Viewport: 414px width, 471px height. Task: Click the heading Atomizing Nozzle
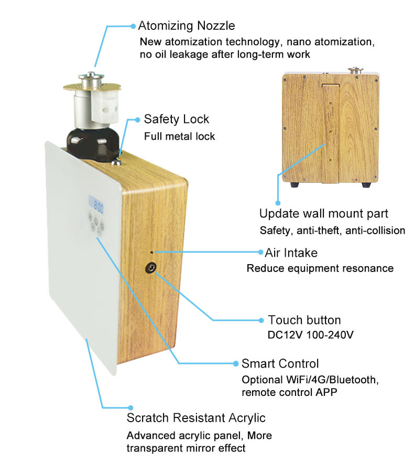coord(186,26)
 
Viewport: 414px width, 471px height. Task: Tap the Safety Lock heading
coord(176,119)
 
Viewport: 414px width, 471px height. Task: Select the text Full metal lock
coord(179,136)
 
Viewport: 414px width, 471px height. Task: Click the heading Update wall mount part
coord(324,214)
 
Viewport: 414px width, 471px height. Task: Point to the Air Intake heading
coord(291,253)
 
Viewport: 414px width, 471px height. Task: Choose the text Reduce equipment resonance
coord(320,268)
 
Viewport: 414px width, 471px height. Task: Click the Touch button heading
coord(304,320)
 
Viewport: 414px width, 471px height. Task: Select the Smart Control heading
coord(280,363)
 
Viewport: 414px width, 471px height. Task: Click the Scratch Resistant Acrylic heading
coord(196,418)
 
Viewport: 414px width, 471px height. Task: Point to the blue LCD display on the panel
coord(96,204)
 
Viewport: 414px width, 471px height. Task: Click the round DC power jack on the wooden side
coord(152,269)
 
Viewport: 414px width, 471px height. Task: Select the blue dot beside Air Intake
coord(260,253)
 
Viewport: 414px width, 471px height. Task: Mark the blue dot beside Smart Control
coord(235,363)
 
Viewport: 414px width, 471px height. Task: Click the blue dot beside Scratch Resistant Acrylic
coord(130,407)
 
